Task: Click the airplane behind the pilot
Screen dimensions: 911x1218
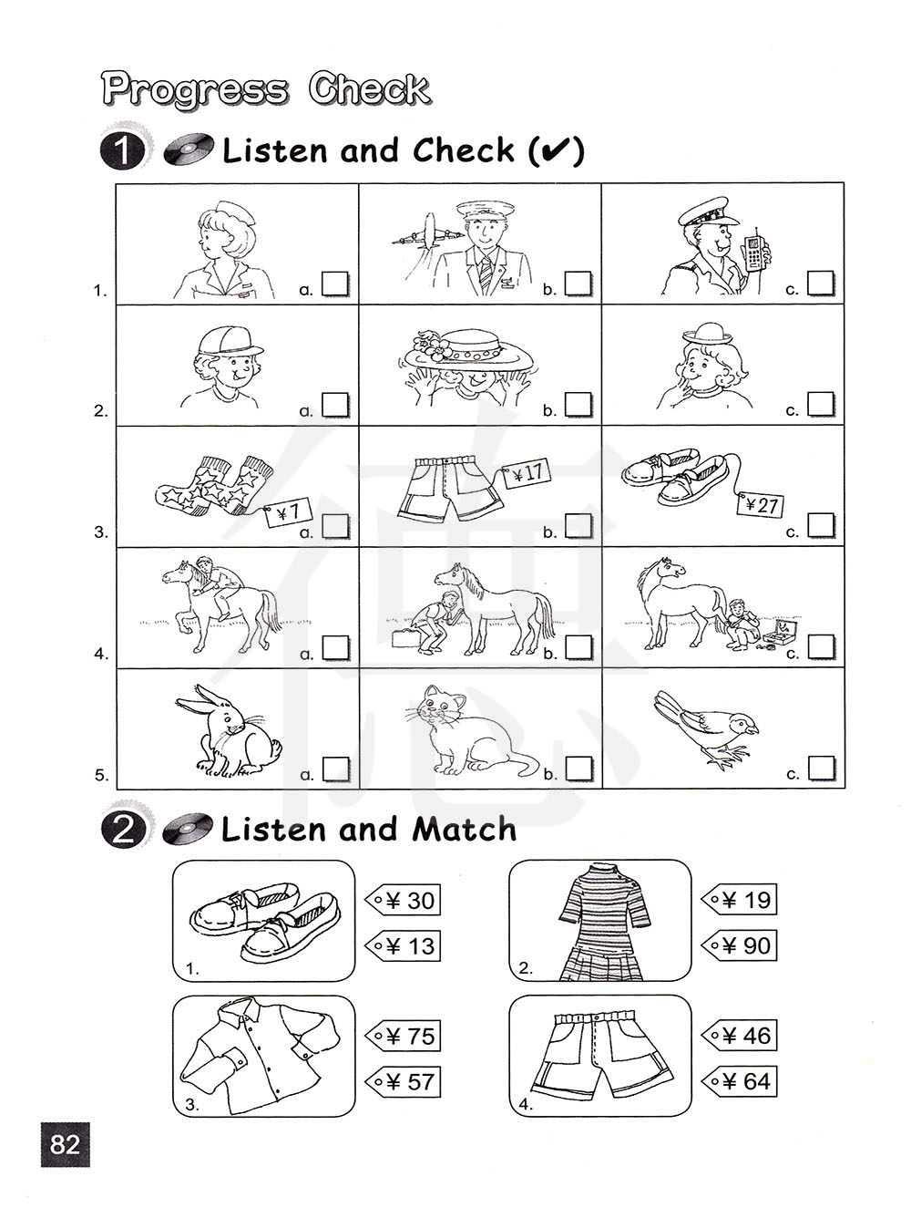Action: [x=428, y=233]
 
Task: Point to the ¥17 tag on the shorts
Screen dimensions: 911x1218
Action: [x=527, y=474]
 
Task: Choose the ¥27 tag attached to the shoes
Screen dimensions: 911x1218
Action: [x=760, y=505]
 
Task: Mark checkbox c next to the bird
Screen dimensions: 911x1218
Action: [x=821, y=769]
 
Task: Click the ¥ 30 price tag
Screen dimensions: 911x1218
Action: [x=403, y=900]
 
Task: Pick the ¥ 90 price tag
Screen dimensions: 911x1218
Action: [x=740, y=945]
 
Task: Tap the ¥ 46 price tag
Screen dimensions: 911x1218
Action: [x=740, y=1036]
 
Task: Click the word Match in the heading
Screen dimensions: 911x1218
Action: [x=464, y=830]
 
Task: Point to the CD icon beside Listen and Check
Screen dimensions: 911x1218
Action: [x=189, y=150]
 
